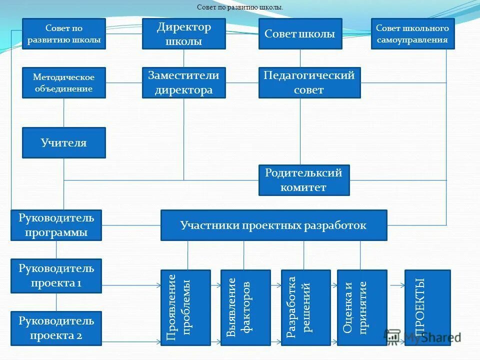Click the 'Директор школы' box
click(183, 34)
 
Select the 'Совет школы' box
click(300, 34)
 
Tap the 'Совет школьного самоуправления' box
click(412, 34)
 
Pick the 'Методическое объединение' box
click(64, 82)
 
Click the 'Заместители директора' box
click(183, 82)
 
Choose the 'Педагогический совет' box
click(309, 82)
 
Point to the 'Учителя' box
click(64, 142)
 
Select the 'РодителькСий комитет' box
click(304, 180)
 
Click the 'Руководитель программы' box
click(56, 225)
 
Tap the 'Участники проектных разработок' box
click(273, 225)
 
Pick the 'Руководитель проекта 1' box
click(56, 275)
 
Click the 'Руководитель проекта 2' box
click(56, 328)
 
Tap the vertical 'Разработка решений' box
click(305, 307)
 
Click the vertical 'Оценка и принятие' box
click(362, 307)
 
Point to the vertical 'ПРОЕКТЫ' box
click(427, 307)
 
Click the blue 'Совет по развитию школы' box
click(64, 34)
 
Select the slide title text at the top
click(240, 7)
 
